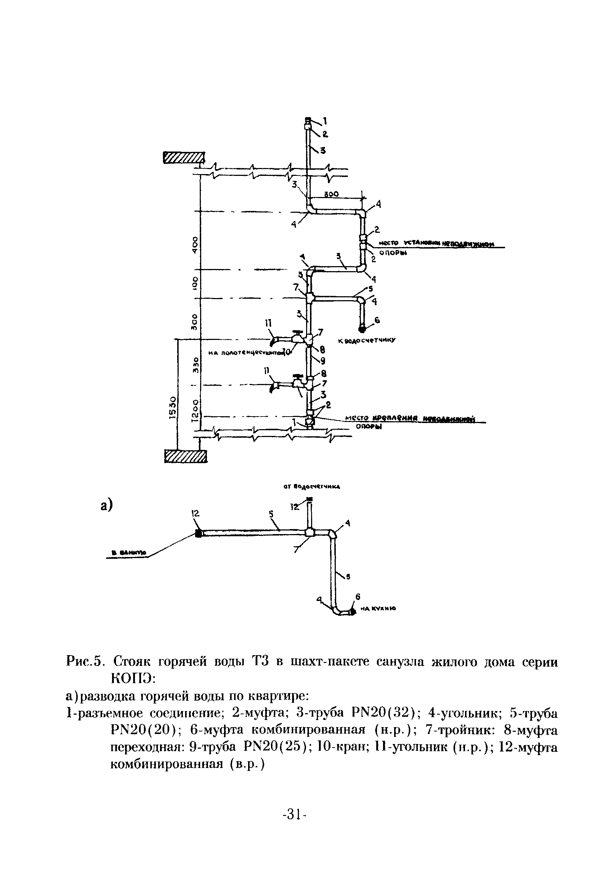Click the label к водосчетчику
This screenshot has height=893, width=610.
[x=367, y=340]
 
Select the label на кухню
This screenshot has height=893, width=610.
[x=378, y=609]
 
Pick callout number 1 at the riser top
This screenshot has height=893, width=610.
[x=325, y=121]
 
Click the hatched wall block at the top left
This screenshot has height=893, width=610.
[x=184, y=158]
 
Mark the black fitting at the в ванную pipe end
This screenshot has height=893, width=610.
[x=198, y=533]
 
